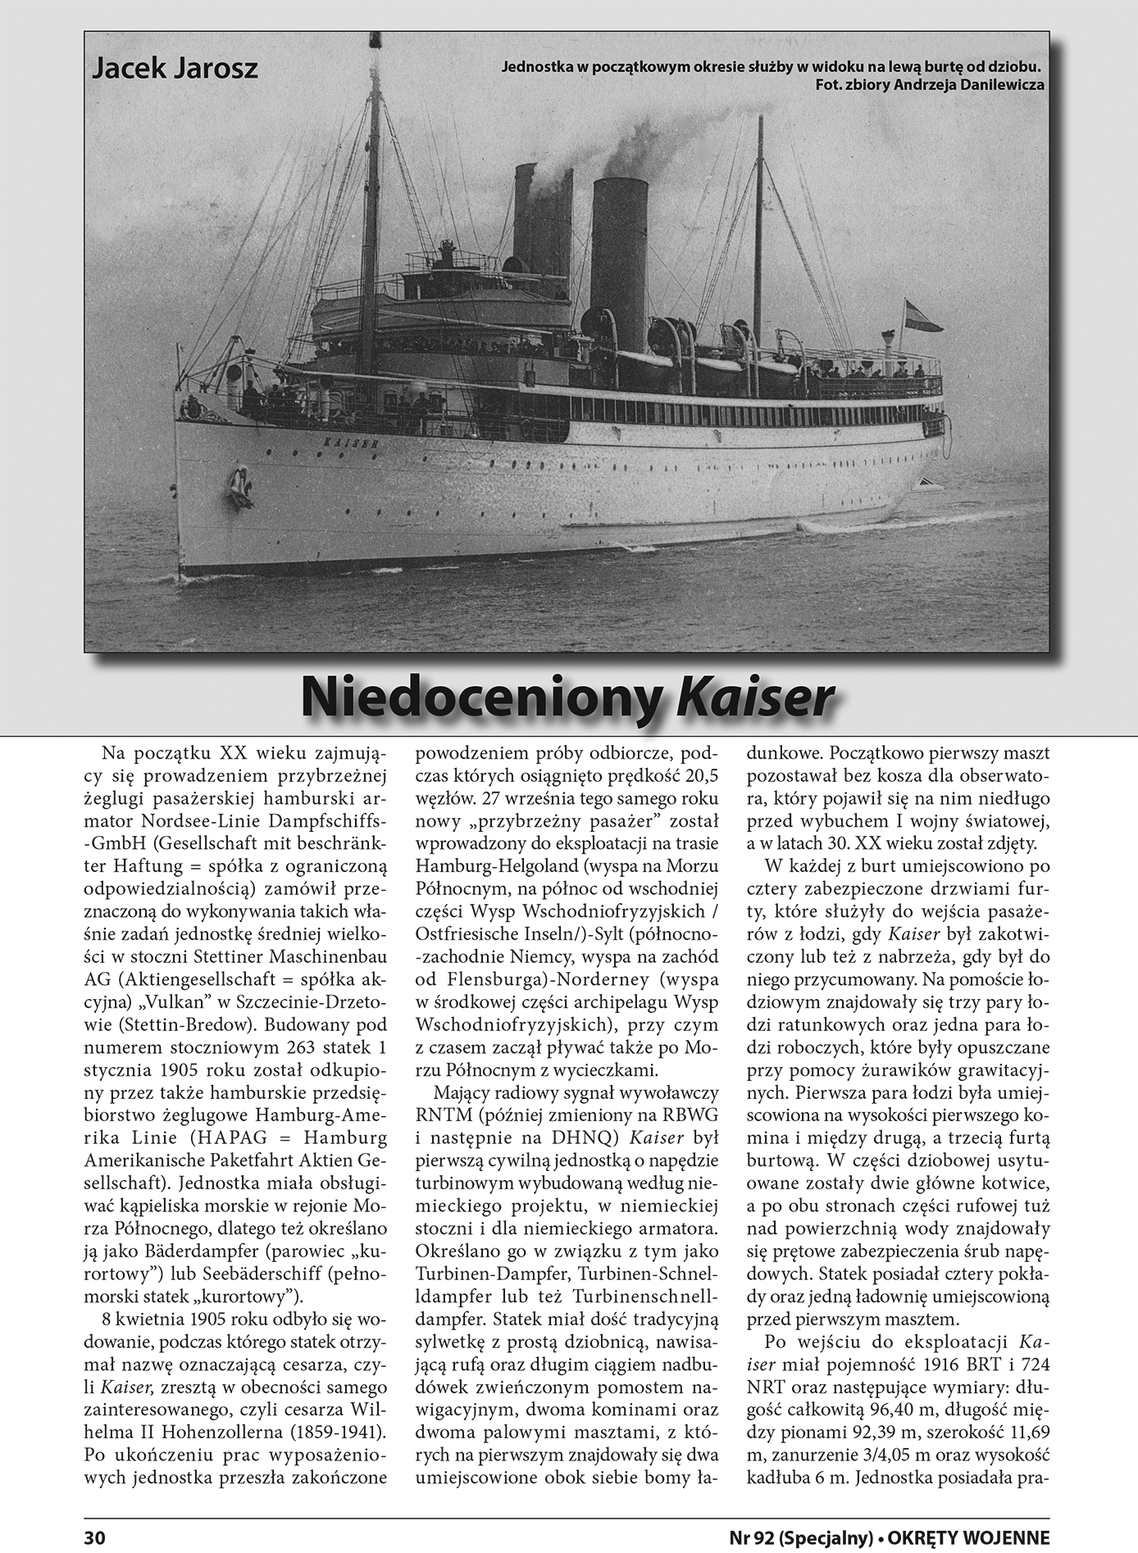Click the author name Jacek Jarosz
point(175,68)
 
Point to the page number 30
point(95,1537)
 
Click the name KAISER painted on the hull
point(345,442)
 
